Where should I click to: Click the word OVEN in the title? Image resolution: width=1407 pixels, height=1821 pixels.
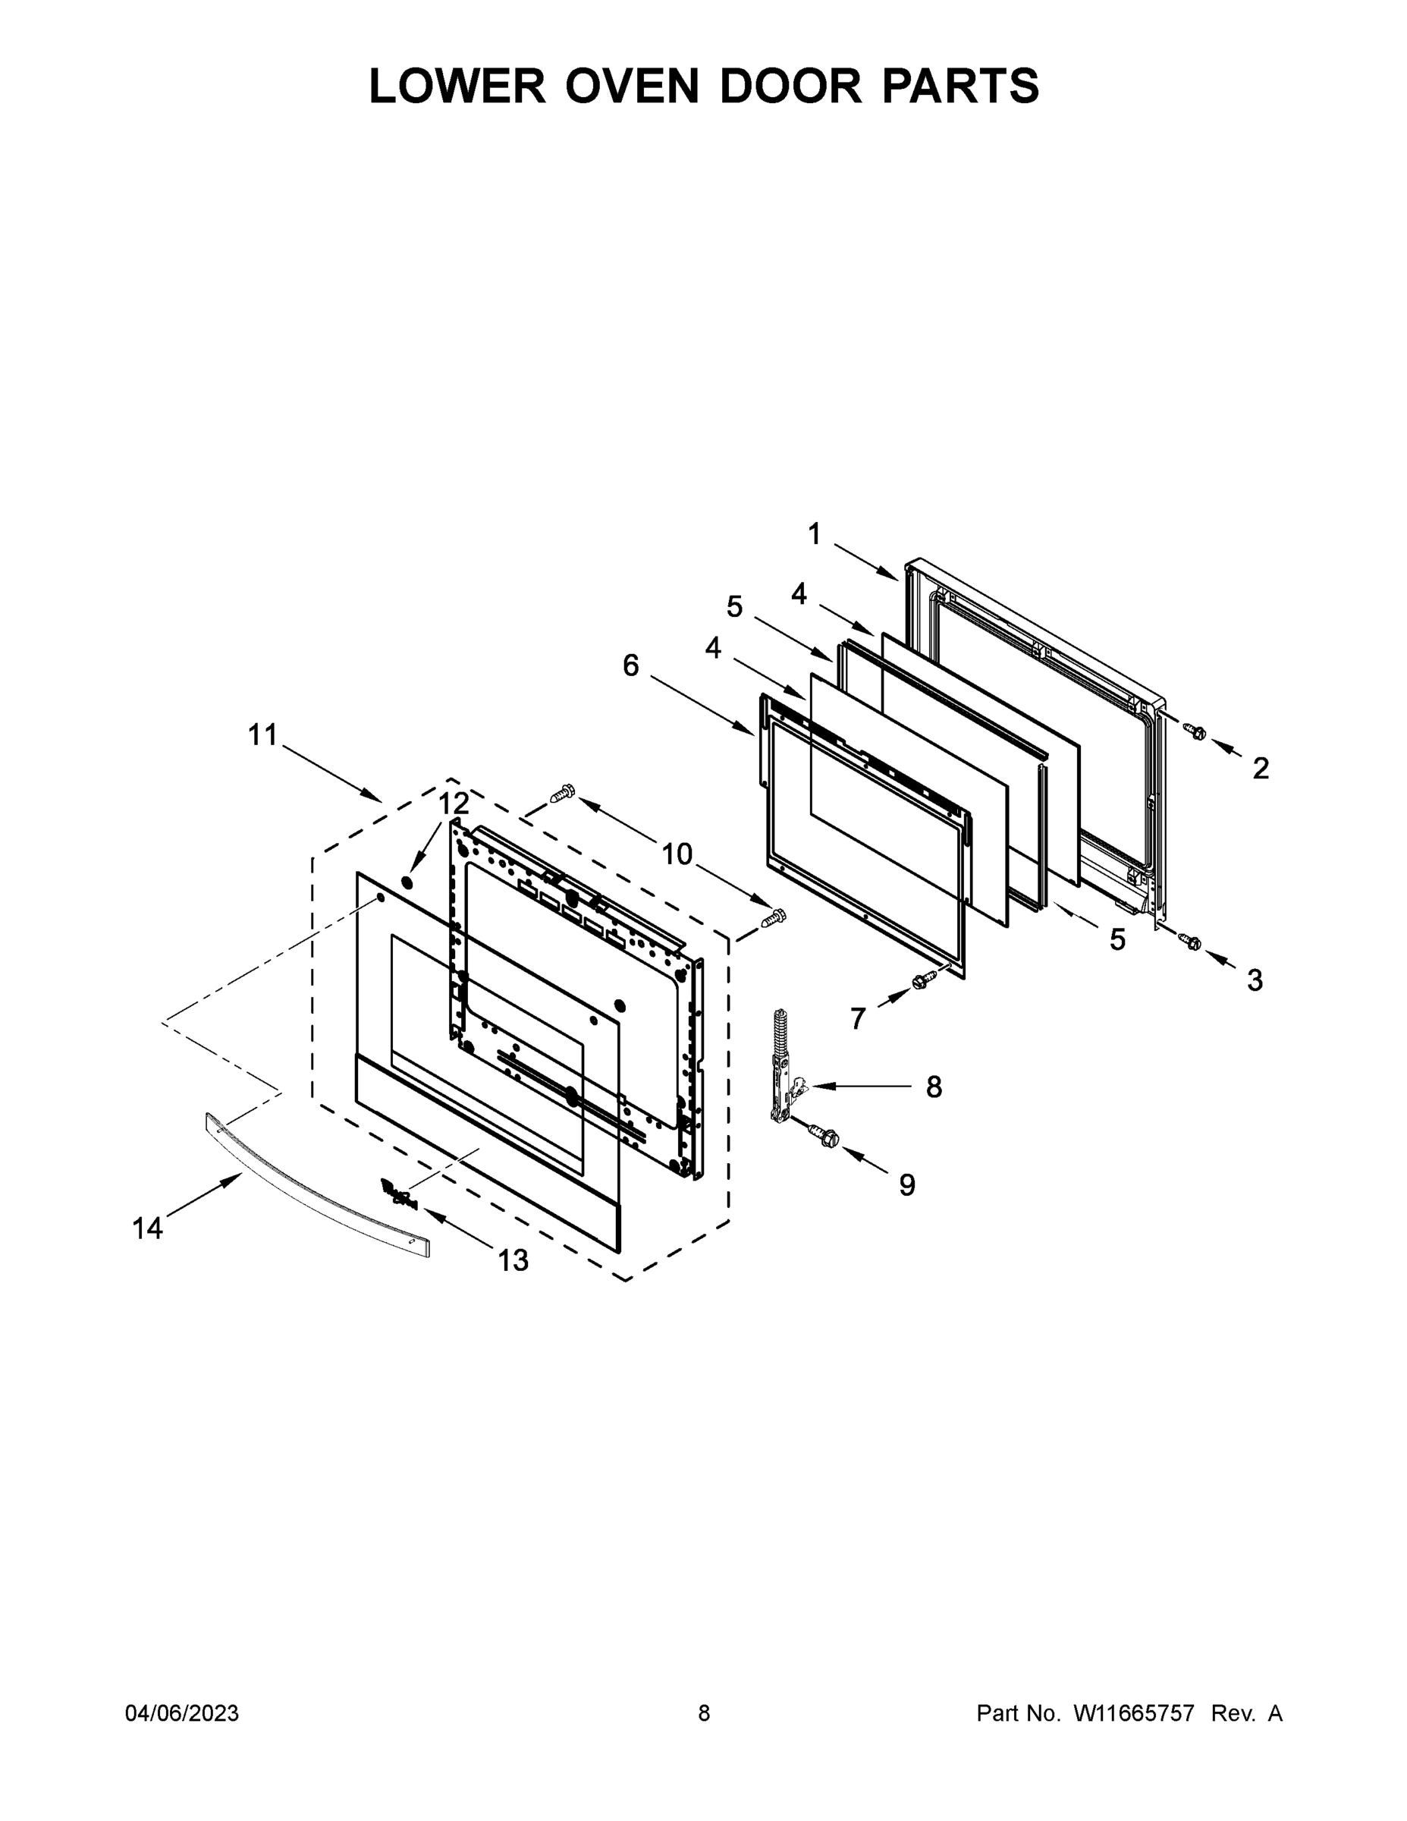click(x=632, y=86)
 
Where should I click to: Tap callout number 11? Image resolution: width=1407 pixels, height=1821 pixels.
click(x=262, y=734)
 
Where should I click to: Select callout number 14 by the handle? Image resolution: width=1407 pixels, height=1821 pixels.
click(x=148, y=1228)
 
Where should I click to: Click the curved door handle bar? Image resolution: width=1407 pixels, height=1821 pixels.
click(x=317, y=1179)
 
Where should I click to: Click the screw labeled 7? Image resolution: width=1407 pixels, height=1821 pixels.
click(x=924, y=980)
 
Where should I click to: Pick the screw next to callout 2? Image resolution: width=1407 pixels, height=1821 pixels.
click(x=1195, y=731)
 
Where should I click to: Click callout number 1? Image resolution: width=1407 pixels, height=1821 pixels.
click(x=815, y=533)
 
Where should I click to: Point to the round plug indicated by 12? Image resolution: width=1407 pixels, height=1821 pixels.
click(x=407, y=882)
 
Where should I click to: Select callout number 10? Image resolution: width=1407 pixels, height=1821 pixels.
click(x=677, y=854)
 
